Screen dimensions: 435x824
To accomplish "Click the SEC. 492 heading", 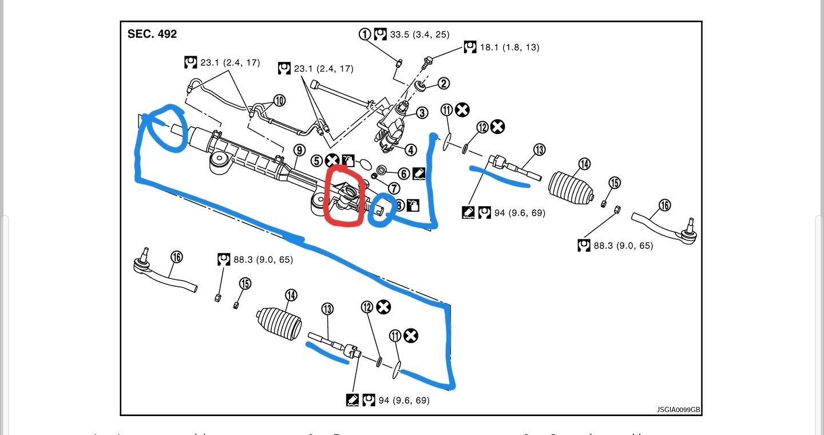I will point(152,34).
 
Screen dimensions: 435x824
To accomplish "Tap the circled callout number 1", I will point(365,34).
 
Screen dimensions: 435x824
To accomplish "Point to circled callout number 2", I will point(443,84).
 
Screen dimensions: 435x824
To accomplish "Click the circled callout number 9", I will point(299,150).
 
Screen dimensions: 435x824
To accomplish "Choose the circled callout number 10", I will point(279,101).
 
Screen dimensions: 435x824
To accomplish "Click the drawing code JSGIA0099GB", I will point(678,410).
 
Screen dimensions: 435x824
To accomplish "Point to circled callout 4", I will point(411,151).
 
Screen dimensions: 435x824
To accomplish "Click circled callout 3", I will point(422,113).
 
